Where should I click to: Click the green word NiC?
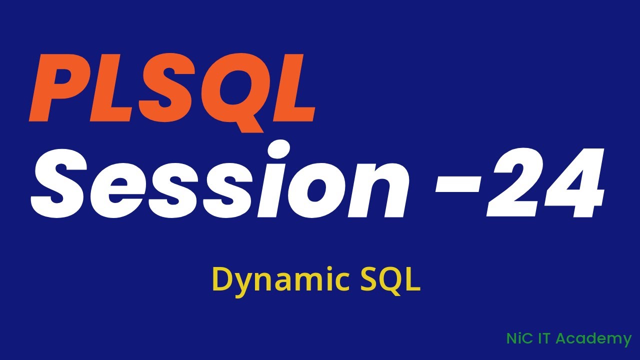(x=518, y=338)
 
